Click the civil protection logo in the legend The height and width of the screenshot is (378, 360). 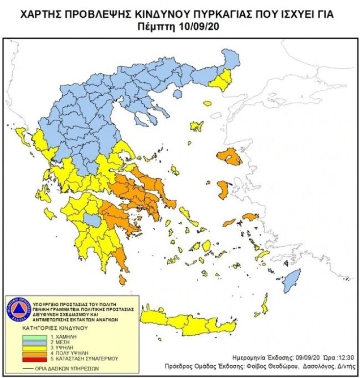click(18, 310)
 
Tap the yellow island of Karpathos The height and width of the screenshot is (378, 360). click(266, 305)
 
